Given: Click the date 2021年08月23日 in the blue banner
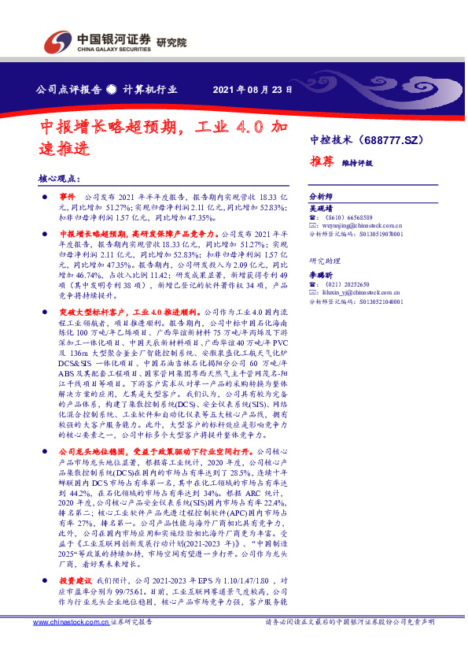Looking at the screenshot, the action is coord(253,89).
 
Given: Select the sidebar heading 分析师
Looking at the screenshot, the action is coord(321,196).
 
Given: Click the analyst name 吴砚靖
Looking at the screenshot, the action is coord(321,206).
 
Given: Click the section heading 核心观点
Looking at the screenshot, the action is coord(59,180).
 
